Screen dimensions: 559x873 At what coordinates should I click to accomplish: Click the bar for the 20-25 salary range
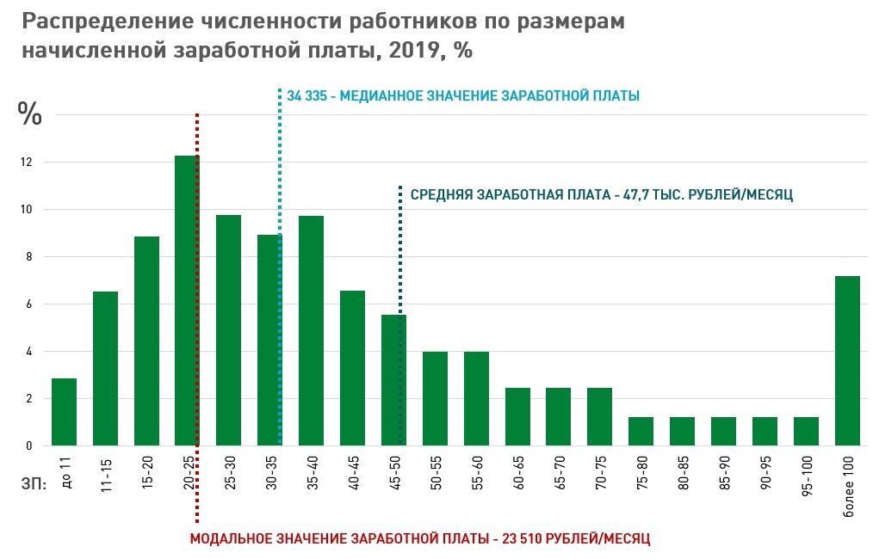click(x=187, y=301)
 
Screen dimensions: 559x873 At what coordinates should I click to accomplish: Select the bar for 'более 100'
click(x=847, y=361)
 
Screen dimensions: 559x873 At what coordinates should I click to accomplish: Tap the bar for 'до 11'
click(x=64, y=412)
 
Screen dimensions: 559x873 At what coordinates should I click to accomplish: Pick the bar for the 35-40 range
click(x=311, y=331)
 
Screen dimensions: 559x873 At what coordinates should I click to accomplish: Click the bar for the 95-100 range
click(x=806, y=431)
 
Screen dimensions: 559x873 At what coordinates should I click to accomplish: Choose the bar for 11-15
click(x=105, y=369)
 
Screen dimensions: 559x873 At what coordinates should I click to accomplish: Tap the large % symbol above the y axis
click(x=30, y=114)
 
